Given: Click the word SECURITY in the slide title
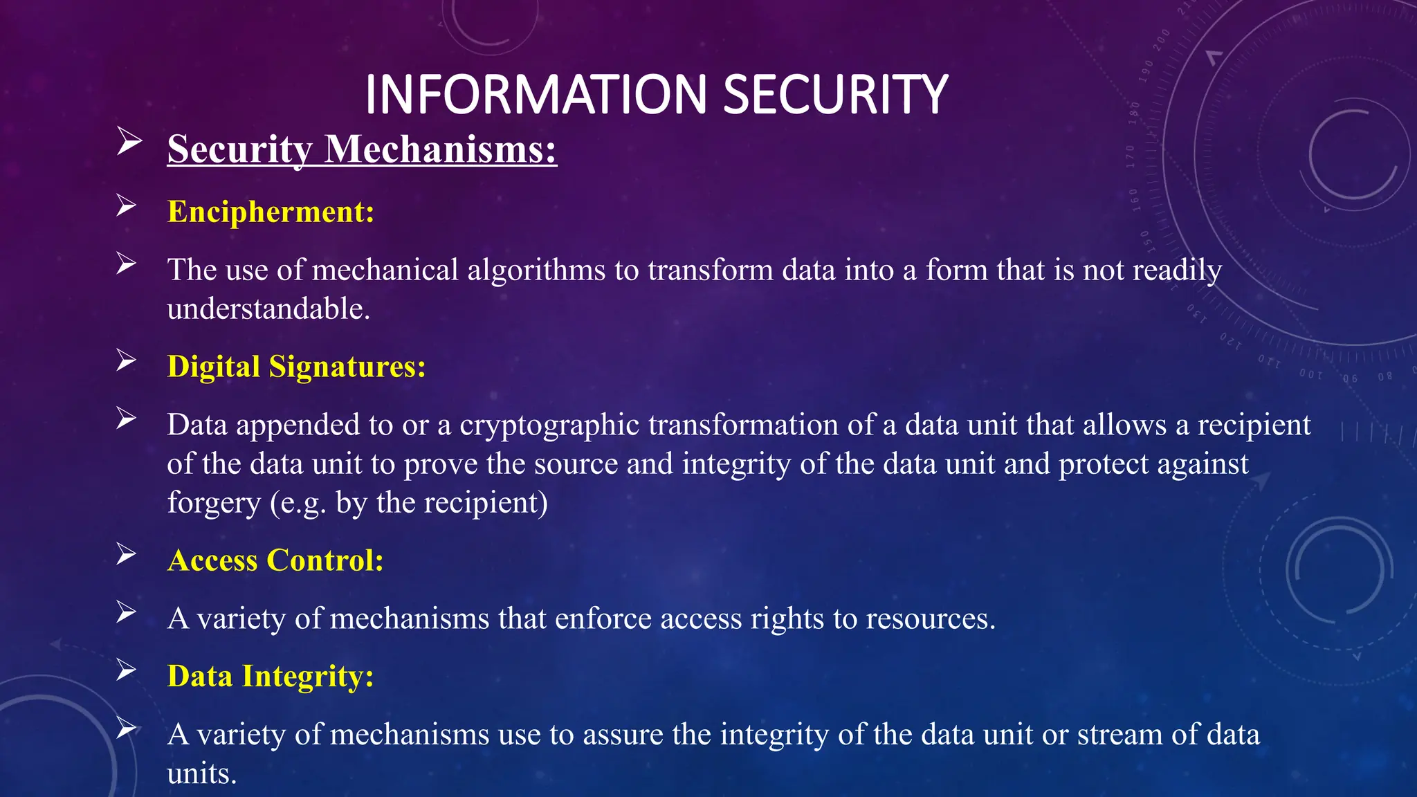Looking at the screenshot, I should click(835, 95).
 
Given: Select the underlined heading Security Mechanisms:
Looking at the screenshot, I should click(362, 149).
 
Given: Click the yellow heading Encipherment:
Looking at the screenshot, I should click(271, 212).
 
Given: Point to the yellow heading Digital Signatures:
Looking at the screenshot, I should click(296, 367).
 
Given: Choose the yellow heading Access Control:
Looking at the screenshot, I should click(275, 560).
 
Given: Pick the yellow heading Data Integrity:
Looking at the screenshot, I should click(271, 676).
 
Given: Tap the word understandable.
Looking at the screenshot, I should click(268, 309).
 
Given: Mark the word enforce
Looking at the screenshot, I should click(603, 619).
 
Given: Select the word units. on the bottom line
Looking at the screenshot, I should click(201, 773).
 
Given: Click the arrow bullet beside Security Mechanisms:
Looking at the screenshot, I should click(129, 141).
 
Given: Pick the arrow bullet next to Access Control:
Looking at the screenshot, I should click(126, 554).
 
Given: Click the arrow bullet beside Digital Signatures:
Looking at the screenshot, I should click(126, 360).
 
